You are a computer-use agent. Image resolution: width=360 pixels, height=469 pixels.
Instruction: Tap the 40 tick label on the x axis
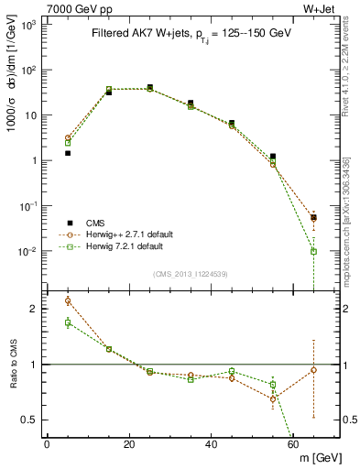point(211,443)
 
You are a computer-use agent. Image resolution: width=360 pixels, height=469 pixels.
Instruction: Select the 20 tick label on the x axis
point(128,443)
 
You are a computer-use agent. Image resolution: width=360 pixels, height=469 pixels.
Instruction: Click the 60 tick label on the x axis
point(293,443)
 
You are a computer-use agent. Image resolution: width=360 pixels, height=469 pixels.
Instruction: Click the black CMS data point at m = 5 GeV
point(68,153)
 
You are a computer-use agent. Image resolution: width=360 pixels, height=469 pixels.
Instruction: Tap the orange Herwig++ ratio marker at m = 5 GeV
point(68,300)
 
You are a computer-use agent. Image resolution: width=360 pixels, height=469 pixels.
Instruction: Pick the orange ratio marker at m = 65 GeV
point(314,370)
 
